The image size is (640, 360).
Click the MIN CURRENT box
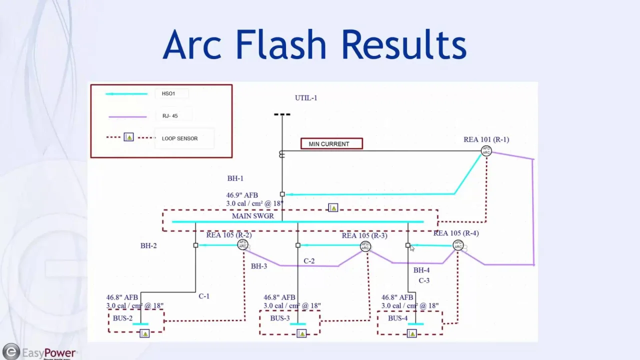pos(331,144)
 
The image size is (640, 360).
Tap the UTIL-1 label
pos(306,98)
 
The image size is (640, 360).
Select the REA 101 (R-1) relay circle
pos(486,150)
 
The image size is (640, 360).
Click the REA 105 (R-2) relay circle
pos(242,245)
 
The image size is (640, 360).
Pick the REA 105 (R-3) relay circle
pos(365,246)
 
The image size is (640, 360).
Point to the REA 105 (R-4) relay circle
pos(458,245)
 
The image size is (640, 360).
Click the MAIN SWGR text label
pos(253,216)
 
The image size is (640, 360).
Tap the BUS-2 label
pos(123,318)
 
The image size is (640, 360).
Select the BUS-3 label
pos(280,318)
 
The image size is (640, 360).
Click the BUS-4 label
pos(398,318)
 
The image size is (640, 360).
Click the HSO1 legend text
pos(168,93)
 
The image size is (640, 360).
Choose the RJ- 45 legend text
pos(170,116)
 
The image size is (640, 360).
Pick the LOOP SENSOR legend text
pos(179,138)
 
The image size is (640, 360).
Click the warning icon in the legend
pos(128,137)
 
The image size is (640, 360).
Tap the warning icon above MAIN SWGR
pos(333,207)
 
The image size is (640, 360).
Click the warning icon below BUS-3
pos(301,333)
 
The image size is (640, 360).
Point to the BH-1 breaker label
pos(235,178)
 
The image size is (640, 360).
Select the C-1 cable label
pos(204,296)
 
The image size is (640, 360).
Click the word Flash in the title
pos(281,44)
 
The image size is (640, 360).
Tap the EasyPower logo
pos(40,352)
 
